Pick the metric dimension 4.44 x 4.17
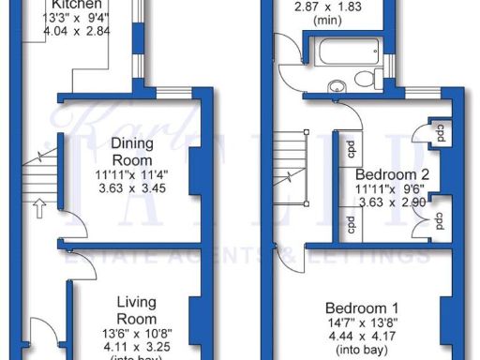pos(362,337)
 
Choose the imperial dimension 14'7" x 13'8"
pos(362,323)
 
